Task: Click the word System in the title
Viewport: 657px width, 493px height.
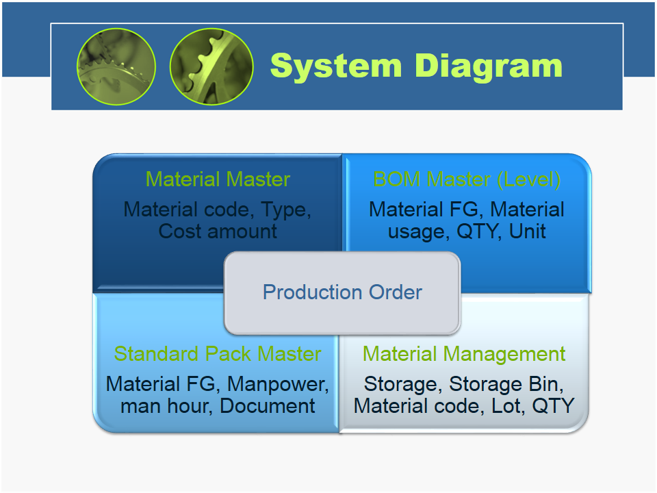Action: pos(336,66)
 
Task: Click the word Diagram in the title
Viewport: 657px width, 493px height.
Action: pos(489,67)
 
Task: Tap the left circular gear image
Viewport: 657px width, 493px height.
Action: pos(116,66)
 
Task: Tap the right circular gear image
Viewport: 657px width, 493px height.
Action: pos(211,66)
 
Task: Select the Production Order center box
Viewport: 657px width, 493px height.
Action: pos(342,292)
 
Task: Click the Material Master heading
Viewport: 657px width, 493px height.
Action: pos(218,179)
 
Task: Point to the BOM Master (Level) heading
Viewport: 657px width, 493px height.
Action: pos(467,180)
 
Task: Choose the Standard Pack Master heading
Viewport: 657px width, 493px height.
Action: pos(218,354)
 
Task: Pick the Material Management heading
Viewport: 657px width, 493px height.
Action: pos(464,354)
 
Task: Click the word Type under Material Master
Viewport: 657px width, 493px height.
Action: pos(286,210)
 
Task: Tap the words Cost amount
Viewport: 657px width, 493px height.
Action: pos(218,231)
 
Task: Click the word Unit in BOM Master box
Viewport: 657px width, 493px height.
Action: pos(528,231)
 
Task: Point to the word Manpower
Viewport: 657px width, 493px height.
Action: pos(278,384)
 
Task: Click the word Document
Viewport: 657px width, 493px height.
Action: pos(268,406)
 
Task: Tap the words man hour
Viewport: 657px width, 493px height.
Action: pos(166,406)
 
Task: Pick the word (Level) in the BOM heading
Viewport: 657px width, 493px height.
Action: pos(529,180)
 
